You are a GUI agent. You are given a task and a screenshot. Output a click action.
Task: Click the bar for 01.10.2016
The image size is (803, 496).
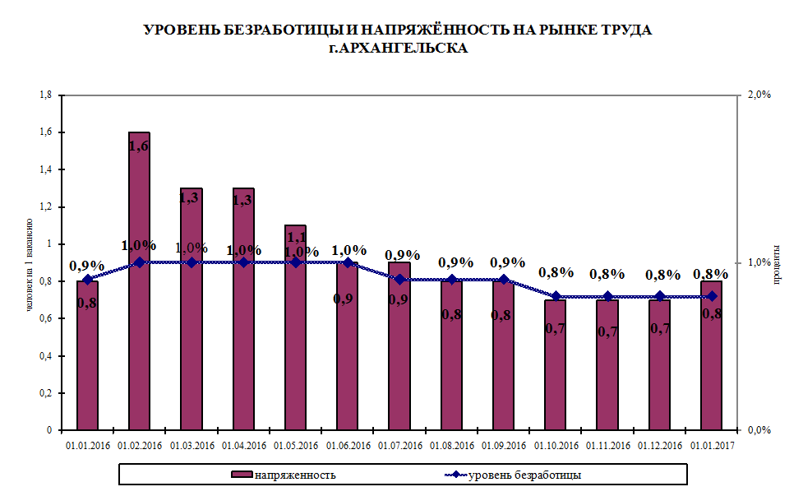tap(555, 370)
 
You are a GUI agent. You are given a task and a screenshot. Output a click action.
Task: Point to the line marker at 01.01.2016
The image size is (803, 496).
tap(88, 280)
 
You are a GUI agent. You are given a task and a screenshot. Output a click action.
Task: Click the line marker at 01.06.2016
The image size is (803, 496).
tap(348, 263)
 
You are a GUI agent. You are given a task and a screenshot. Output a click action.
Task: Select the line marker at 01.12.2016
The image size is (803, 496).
tap(659, 296)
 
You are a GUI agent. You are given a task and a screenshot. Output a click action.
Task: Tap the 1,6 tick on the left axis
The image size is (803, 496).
tap(48, 132)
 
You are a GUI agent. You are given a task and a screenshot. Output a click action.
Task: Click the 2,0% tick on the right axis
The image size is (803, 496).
tap(759, 95)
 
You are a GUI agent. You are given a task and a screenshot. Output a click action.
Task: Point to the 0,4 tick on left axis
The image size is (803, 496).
tap(48, 356)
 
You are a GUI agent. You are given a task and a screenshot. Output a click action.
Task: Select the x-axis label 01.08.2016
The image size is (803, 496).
tap(451, 446)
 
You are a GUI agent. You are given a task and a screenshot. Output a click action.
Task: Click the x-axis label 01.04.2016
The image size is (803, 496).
tap(243, 446)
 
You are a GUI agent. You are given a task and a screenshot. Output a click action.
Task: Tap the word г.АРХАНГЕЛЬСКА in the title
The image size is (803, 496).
tap(397, 49)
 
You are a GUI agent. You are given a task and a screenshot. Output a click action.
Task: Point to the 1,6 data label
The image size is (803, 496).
tap(139, 146)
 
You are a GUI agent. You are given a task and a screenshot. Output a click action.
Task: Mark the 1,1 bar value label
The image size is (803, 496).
tap(295, 238)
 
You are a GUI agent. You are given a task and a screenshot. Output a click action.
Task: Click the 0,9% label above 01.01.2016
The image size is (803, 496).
tap(86, 266)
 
